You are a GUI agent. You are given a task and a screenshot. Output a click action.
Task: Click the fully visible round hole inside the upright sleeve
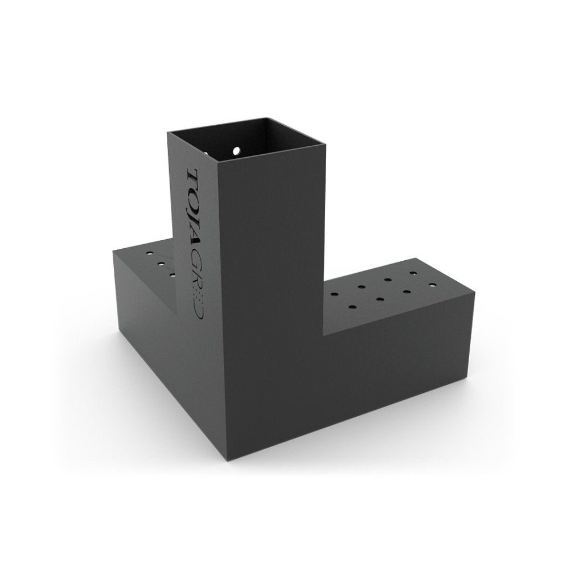(x=236, y=151)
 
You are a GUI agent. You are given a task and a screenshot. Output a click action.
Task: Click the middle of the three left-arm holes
(x=161, y=264)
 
